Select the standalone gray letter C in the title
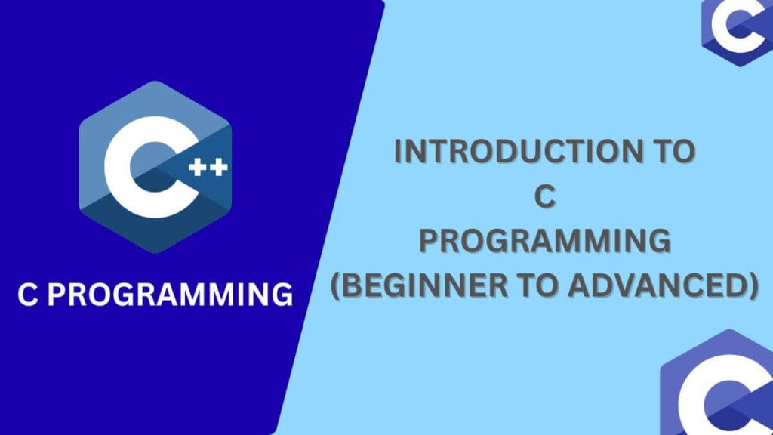coord(544,196)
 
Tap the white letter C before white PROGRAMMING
coord(28,295)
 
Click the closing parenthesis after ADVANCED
coord(752,288)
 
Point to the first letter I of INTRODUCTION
coord(399,152)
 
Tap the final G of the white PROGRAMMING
coord(281,295)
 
